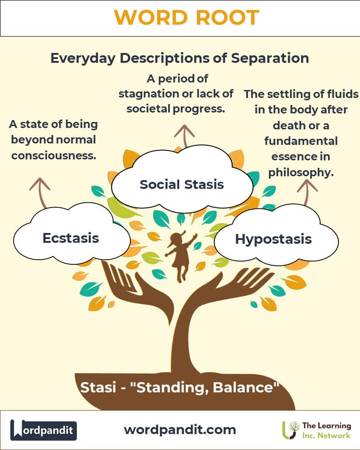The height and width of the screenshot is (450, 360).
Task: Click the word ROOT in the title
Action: point(227,17)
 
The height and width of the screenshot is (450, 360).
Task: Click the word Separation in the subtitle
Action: point(270,58)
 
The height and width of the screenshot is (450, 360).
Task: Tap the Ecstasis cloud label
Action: point(71,238)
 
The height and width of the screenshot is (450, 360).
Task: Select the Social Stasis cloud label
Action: point(182,184)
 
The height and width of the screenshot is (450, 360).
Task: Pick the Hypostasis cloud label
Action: point(273,239)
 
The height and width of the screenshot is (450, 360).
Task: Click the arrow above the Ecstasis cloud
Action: point(41,192)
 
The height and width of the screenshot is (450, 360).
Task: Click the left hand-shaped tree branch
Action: point(135,290)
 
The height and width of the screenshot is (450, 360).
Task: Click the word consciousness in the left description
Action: point(54,156)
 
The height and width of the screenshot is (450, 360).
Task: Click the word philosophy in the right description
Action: point(301,172)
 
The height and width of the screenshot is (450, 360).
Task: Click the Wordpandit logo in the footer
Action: point(43,430)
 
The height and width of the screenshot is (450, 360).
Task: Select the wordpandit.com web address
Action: point(180,430)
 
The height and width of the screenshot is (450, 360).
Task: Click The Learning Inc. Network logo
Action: point(316,430)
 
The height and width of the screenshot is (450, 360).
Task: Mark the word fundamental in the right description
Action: point(301,141)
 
